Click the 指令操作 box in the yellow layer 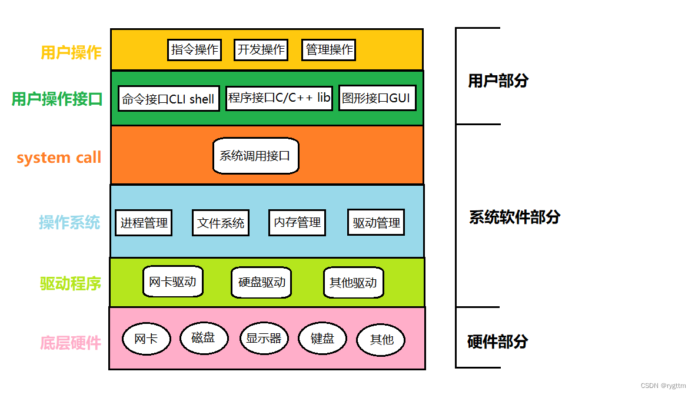(x=194, y=50)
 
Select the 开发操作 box (x=261, y=50)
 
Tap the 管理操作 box (x=329, y=50)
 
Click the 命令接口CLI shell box (x=168, y=99)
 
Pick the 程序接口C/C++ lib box (x=280, y=98)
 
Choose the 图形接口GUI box (x=377, y=98)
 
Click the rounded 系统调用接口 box (x=255, y=156)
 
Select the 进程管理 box (x=144, y=223)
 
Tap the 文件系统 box (x=221, y=223)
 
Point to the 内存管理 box (x=297, y=222)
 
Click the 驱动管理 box (x=376, y=223)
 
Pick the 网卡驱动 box (x=172, y=282)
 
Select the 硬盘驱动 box (x=261, y=282)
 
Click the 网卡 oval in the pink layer (x=146, y=339)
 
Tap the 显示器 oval (x=263, y=338)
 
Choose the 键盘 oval (x=322, y=338)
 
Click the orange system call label (x=59, y=158)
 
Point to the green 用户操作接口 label (x=57, y=99)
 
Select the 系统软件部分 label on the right (x=514, y=217)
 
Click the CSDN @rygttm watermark (x=663, y=386)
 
